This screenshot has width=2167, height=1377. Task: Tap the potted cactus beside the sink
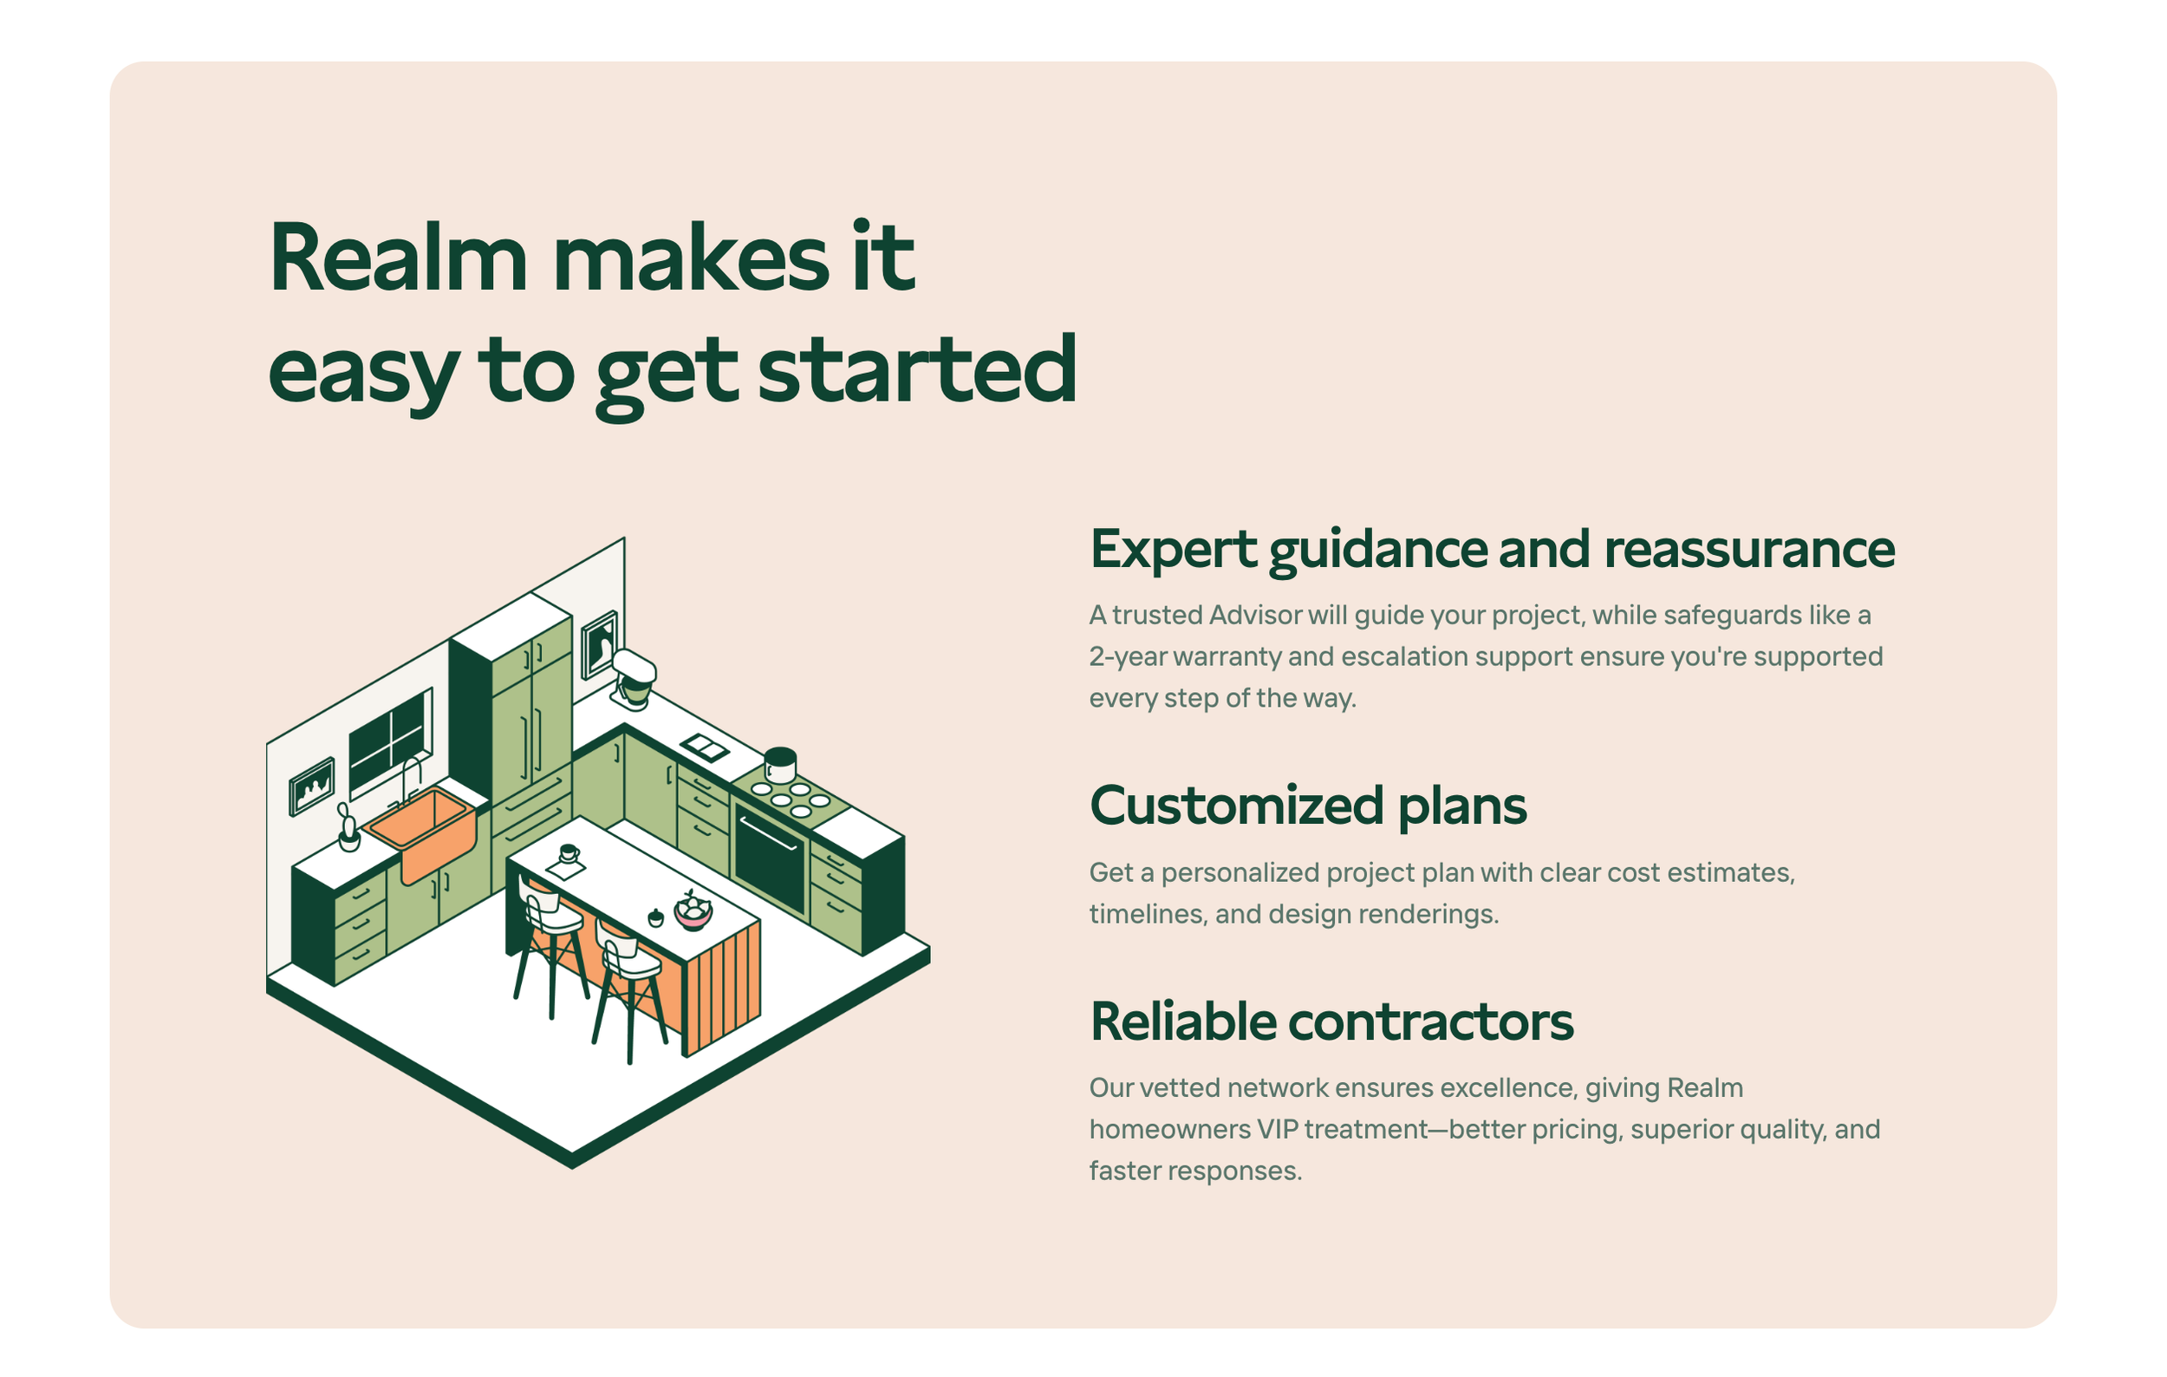[348, 829]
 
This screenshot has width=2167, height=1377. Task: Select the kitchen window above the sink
[391, 741]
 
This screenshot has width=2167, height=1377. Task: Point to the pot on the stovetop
[779, 765]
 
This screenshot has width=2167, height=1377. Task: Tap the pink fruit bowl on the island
[693, 910]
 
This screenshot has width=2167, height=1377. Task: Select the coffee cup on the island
[569, 852]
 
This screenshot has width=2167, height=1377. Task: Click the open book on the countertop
[705, 747]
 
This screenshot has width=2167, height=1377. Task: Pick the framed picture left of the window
[312, 786]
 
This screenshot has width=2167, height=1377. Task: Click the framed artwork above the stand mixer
[599, 643]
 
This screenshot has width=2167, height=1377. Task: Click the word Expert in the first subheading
[1173, 549]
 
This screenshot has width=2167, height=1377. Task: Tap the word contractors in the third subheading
[1430, 1021]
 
